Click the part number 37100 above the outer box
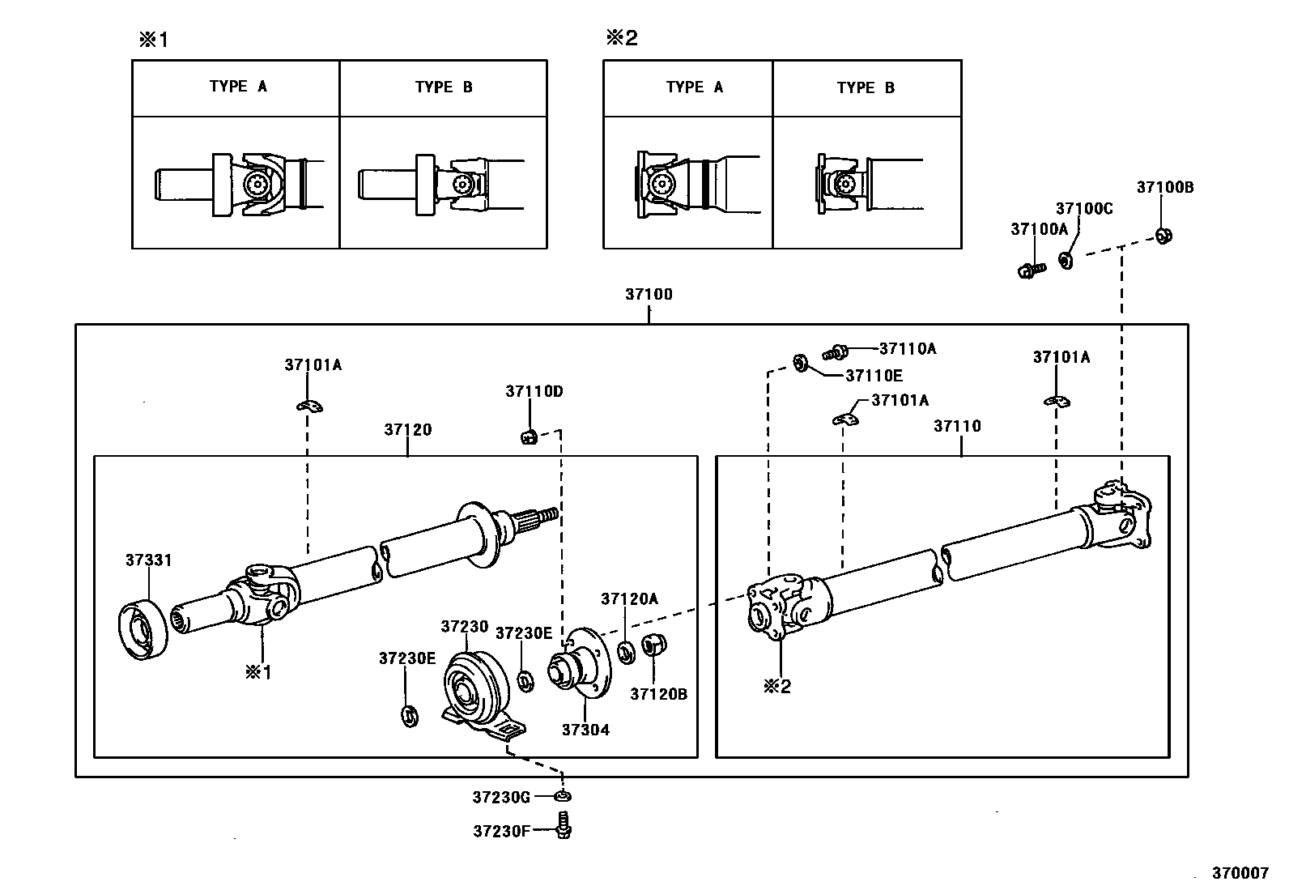click(649, 294)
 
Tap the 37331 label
click(148, 560)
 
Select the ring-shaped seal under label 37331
click(143, 630)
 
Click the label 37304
click(586, 730)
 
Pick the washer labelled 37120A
click(627, 652)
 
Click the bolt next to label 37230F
click(564, 825)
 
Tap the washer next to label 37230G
click(562, 797)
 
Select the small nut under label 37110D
click(529, 437)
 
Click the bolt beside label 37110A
click(836, 351)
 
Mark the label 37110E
click(874, 376)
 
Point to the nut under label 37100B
click(1164, 236)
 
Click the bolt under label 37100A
click(1032, 270)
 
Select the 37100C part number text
click(1084, 208)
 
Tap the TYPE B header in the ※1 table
click(444, 87)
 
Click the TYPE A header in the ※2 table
click(694, 87)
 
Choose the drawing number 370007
click(1240, 873)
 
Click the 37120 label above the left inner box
click(408, 429)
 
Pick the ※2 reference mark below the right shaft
click(777, 686)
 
